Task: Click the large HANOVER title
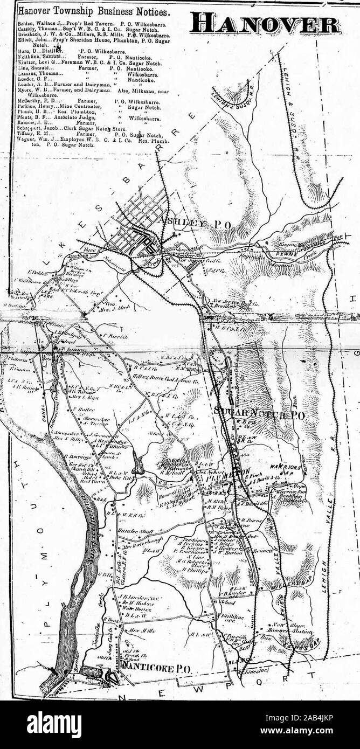266,23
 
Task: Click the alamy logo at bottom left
54,724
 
